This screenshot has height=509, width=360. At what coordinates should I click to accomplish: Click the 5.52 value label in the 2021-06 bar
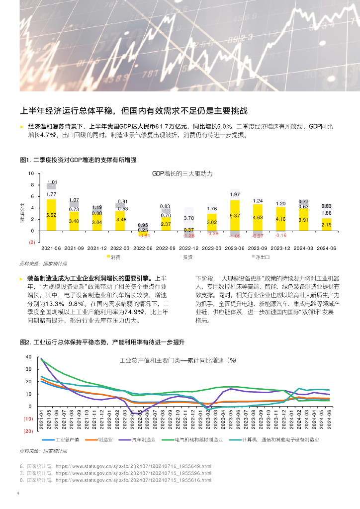(51, 215)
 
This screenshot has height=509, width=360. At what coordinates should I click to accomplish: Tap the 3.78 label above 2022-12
(189, 218)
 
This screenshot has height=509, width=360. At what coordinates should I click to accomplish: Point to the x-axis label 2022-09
(166, 248)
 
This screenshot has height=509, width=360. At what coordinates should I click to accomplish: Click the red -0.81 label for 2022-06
(143, 235)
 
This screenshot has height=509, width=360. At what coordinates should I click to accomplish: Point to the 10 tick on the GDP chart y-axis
(31, 173)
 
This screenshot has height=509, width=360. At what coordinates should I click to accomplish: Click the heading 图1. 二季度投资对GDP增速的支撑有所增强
(78, 160)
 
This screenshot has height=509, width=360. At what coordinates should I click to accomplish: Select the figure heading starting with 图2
(102, 342)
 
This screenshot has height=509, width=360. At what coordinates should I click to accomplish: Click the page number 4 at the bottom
(18, 494)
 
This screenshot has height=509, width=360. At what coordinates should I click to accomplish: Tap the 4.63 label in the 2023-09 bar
(258, 218)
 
